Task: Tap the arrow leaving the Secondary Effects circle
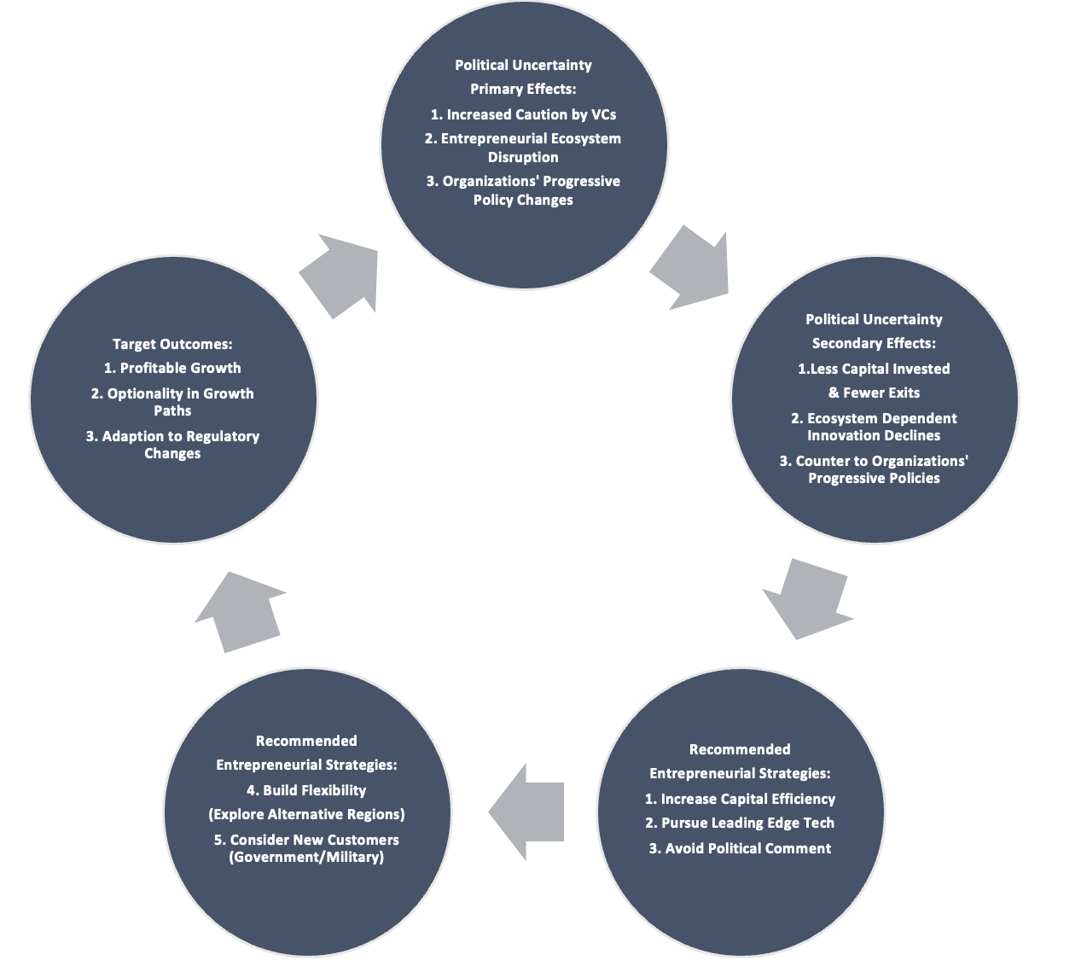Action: pos(806,598)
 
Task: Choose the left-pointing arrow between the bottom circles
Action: pos(526,812)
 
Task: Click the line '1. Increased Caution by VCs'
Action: pos(523,114)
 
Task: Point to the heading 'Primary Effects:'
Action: pos(523,89)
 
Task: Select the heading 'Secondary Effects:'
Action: pos(874,343)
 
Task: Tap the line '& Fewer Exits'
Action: pos(874,393)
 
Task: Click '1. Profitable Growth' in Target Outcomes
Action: pos(172,368)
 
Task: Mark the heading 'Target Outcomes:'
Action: pos(172,344)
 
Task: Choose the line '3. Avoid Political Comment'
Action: pos(740,848)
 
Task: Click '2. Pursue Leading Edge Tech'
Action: pos(740,823)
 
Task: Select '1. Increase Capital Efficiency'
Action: pos(740,799)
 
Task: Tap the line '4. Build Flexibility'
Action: pos(306,790)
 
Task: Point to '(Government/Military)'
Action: pos(306,857)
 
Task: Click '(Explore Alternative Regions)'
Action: pos(306,815)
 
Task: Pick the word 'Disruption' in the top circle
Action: pos(523,157)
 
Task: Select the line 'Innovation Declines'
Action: pos(874,435)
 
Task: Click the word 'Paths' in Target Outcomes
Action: pos(172,410)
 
